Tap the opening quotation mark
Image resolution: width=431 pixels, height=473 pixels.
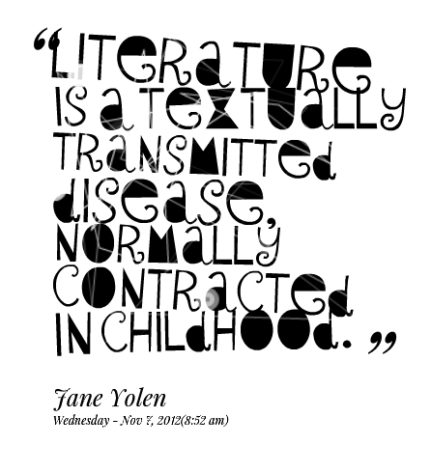click(46, 42)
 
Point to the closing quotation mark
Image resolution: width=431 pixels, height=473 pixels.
click(383, 343)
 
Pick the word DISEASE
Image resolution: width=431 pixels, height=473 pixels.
click(158, 202)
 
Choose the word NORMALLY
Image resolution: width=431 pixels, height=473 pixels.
click(167, 243)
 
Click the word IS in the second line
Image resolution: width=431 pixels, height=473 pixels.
click(71, 107)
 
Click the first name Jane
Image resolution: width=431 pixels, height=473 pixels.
click(79, 399)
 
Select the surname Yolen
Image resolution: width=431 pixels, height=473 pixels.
click(138, 398)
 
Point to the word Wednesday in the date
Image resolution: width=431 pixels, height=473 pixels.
click(81, 421)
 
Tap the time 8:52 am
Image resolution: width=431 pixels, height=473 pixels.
click(204, 420)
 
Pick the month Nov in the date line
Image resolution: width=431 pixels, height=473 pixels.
click(129, 420)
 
